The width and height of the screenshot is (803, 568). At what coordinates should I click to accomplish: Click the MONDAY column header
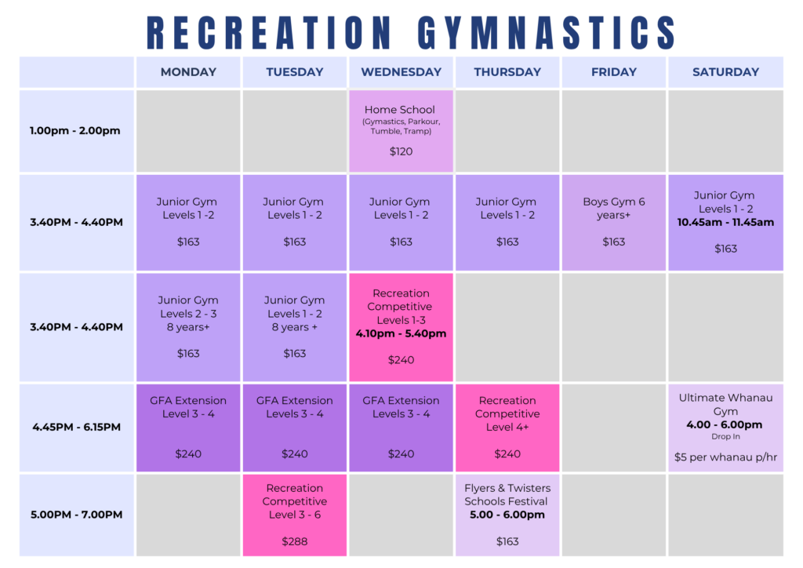click(188, 72)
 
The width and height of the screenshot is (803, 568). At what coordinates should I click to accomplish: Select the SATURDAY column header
click(725, 72)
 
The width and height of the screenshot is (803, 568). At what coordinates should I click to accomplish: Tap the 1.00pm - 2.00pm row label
click(74, 130)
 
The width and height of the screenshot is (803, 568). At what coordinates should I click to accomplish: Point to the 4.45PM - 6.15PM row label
click(76, 427)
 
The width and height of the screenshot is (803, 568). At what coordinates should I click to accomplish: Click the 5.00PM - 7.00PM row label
click(76, 515)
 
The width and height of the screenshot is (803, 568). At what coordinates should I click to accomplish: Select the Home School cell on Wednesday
click(401, 131)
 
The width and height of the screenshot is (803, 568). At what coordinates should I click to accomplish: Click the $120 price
click(401, 151)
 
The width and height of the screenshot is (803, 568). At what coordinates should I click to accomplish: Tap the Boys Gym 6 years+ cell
click(614, 223)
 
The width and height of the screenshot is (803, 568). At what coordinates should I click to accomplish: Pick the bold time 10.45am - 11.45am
click(725, 222)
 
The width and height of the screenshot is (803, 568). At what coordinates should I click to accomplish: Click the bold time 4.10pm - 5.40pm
click(401, 334)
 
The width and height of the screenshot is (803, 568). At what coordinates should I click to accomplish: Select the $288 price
click(295, 541)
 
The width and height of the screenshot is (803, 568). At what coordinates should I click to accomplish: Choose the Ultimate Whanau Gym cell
click(725, 428)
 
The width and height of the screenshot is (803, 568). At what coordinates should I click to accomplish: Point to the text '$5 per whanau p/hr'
click(725, 457)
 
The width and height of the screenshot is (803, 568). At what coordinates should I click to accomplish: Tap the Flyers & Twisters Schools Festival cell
click(507, 515)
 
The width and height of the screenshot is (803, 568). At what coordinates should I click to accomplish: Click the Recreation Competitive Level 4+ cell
click(507, 428)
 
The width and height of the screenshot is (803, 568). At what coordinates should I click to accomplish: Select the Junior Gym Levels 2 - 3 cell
click(188, 327)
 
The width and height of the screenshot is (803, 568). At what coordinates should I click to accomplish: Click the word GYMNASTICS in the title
click(547, 33)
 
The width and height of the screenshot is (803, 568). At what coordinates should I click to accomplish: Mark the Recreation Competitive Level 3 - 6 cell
click(295, 515)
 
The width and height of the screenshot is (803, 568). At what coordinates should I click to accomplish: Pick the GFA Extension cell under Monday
click(188, 428)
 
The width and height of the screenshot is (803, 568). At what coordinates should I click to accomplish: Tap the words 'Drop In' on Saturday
click(725, 437)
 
